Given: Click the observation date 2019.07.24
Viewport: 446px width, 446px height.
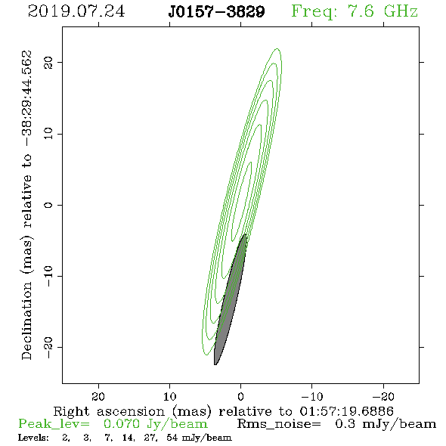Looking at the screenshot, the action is coord(76,11).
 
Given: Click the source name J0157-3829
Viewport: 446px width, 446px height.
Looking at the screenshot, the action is coord(216,11).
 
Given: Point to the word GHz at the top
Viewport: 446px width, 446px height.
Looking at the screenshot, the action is coord(401,11).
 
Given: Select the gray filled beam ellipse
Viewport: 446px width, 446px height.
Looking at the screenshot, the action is coord(230,300).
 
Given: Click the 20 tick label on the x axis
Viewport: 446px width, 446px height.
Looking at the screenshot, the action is coord(98,396).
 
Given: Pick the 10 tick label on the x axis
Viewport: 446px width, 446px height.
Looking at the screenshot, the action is coord(169,396).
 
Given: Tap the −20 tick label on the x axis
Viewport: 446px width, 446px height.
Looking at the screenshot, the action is coord(383,396).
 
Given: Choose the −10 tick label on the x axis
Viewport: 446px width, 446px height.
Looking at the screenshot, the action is coord(312,396).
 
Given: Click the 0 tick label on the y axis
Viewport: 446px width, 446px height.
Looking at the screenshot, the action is coord(48,205).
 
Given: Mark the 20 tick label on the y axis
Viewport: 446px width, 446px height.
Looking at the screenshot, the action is coord(48,62).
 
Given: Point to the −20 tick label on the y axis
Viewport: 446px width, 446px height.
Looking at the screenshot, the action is coord(48,348).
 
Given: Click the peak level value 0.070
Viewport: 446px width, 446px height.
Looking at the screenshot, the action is coord(122,424).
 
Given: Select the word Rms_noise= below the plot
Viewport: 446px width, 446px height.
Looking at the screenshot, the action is coord(279,424).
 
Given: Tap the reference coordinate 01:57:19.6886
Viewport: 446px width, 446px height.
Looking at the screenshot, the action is coord(347,411).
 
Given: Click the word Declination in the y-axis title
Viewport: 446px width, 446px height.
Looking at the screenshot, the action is coord(26,321).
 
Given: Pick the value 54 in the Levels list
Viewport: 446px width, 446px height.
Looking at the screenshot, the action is coord(172,438).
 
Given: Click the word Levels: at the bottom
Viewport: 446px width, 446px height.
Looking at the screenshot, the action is coord(33,438).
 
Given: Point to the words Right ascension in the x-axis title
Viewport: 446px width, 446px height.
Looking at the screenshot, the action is coord(109,411).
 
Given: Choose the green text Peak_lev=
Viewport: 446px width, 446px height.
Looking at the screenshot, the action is coord(54,424).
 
